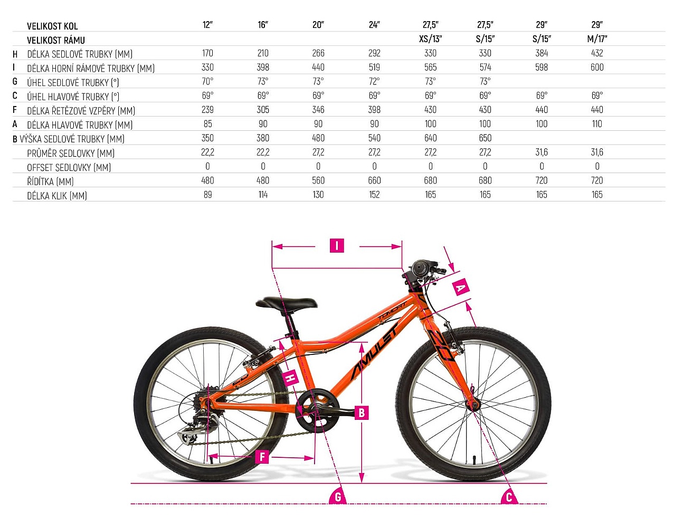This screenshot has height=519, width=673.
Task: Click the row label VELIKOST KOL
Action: [x=52, y=26]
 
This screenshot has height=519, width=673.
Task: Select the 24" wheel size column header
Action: [x=374, y=25]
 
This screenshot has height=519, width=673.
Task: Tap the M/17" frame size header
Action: [x=597, y=39]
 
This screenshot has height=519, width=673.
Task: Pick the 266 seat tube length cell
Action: [x=318, y=53]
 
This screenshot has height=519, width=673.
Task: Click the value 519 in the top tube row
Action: [x=374, y=67]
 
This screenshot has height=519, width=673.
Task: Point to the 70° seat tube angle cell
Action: [x=207, y=81]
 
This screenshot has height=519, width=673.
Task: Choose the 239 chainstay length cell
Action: [x=207, y=110]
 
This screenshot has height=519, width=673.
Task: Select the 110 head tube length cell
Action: [x=597, y=124]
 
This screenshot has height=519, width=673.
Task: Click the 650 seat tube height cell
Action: [x=485, y=138]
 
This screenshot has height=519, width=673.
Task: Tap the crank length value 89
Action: [x=207, y=195]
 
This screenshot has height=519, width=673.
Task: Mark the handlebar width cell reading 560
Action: [x=318, y=180]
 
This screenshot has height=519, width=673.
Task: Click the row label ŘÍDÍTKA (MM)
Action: [x=50, y=181]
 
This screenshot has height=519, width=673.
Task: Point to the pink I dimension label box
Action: [x=337, y=246]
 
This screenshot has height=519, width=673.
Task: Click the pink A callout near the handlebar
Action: [x=460, y=287]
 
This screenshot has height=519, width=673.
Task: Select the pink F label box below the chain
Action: [x=262, y=456]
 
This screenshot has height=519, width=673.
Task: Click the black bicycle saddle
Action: [x=286, y=302]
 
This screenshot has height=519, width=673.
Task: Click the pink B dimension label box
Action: [x=362, y=412]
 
